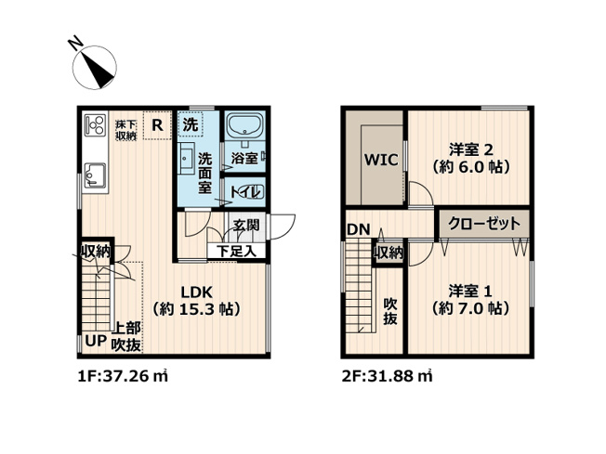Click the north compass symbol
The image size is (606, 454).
tap(94, 64)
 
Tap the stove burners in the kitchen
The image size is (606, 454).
tap(95, 125)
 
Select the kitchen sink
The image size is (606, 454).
tap(96, 174)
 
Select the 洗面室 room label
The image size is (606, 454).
tap(205, 173)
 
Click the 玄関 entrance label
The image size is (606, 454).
tap(246, 225)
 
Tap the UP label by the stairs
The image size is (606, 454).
tap(95, 341)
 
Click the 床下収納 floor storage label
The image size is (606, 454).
tap(125, 130)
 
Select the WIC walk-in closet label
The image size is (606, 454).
tap(380, 160)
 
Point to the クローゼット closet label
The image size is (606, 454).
tap(483, 224)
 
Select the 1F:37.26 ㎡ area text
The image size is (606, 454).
tap(121, 377)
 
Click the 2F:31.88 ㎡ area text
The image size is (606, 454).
tap(388, 377)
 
